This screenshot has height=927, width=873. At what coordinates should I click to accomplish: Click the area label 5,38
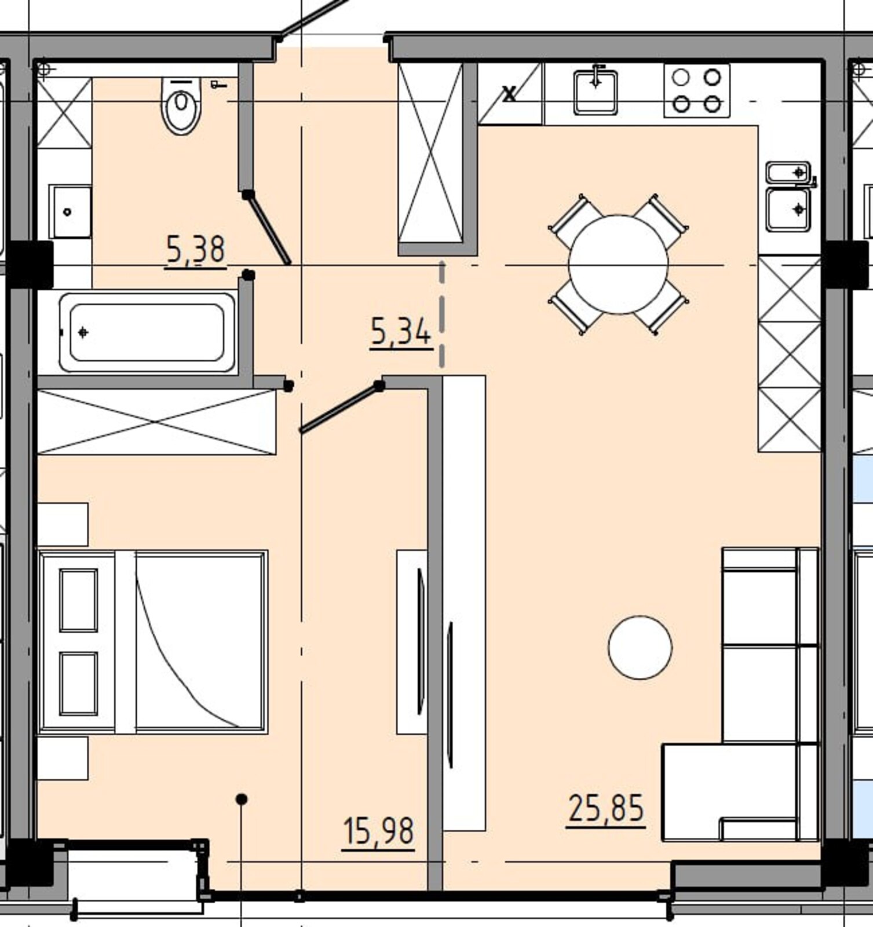[195, 251]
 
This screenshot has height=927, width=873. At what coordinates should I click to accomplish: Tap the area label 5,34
[401, 333]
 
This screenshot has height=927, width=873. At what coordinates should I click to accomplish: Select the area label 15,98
[379, 832]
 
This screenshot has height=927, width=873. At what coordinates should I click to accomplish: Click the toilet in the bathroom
[181, 105]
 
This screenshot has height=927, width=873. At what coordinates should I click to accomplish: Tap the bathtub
[147, 333]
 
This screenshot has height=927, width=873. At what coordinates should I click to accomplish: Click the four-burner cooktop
[696, 91]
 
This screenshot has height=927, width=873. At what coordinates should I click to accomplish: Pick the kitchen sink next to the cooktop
[596, 92]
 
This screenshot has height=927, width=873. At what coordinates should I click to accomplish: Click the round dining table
[618, 264]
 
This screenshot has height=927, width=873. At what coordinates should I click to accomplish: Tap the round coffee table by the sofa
[640, 647]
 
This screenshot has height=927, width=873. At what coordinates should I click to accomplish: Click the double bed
[153, 642]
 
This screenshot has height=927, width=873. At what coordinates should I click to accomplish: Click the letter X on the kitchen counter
[509, 94]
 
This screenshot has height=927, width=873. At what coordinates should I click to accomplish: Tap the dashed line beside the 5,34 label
[442, 314]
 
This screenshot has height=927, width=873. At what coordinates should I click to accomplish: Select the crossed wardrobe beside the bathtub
[156, 422]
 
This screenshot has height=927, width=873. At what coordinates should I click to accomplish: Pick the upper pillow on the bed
[78, 600]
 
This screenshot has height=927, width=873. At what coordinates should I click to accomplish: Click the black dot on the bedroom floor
[242, 800]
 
